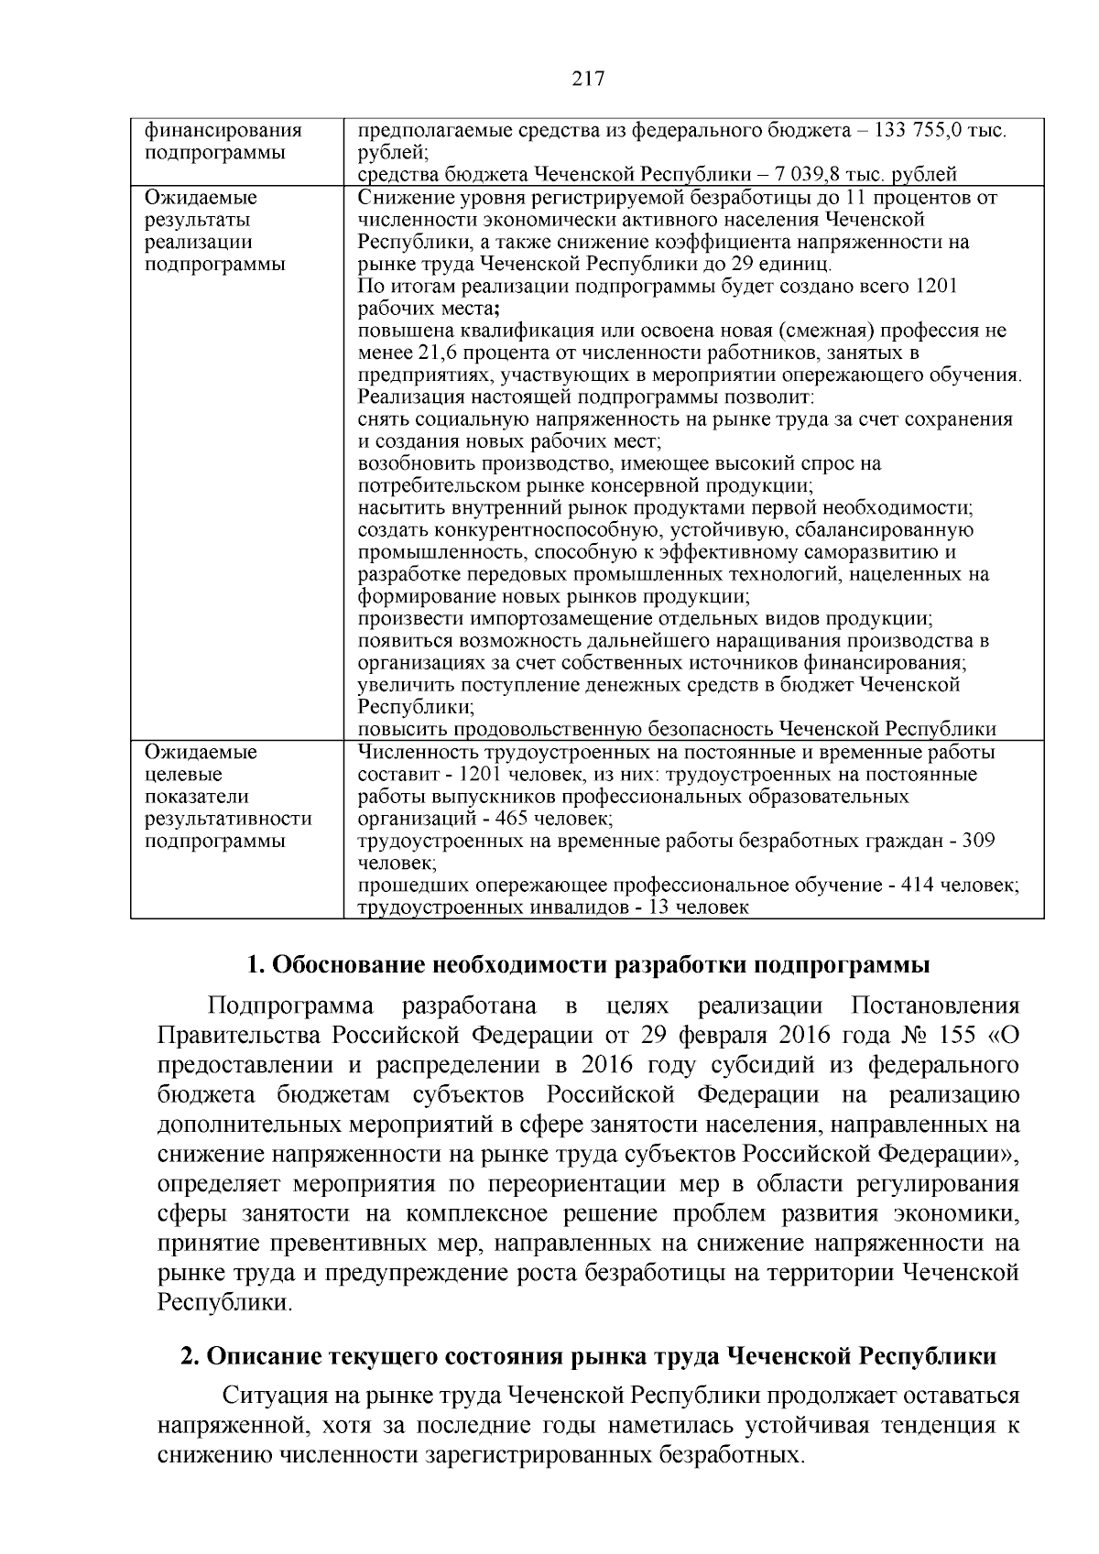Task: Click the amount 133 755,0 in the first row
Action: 922,131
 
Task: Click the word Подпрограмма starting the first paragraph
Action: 290,1005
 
